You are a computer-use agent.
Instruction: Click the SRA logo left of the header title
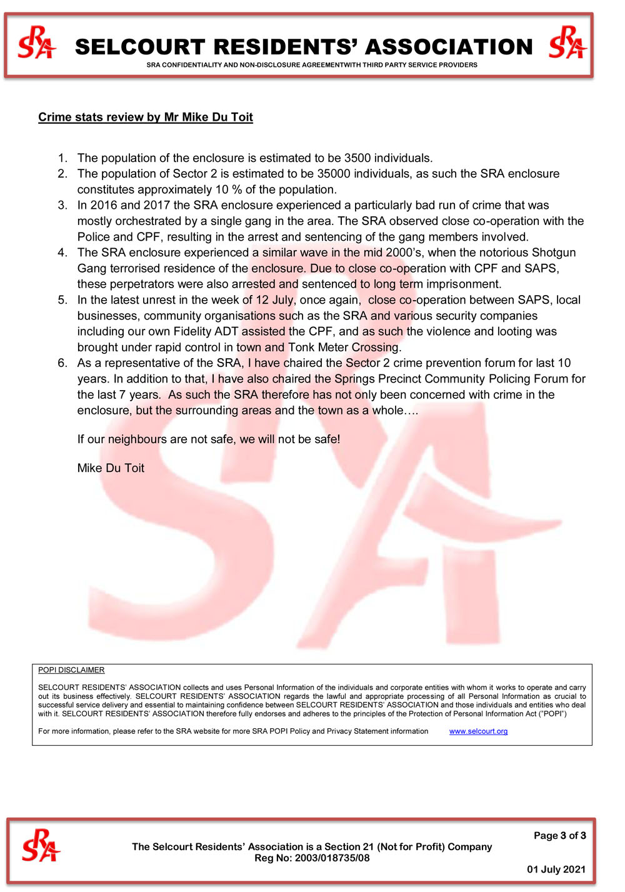point(37,43)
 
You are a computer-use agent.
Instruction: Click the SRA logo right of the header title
point(567,43)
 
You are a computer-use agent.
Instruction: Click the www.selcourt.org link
point(478,731)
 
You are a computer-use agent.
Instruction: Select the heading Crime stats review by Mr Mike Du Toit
point(146,117)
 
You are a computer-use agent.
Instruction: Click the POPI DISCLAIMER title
point(71,670)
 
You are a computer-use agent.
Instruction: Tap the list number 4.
point(62,253)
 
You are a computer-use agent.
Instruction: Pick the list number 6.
point(62,363)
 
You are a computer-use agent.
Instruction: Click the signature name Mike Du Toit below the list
point(111,468)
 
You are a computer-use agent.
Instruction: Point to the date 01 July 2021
point(556,869)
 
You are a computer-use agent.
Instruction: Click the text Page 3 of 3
point(559,836)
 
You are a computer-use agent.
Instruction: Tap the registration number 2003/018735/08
point(332,858)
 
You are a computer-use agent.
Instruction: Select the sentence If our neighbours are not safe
point(209,439)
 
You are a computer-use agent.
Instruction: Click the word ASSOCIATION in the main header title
point(449,47)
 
